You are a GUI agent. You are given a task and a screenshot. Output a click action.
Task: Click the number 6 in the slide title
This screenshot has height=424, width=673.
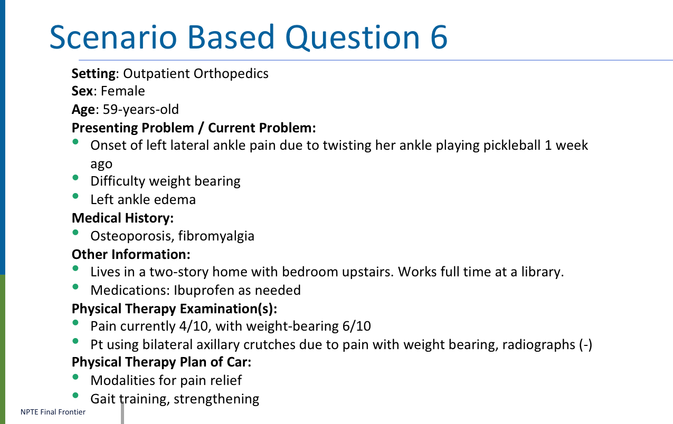pyautogui.click(x=439, y=37)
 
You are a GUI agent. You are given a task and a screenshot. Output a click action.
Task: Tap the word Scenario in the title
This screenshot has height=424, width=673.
pyautogui.click(x=113, y=37)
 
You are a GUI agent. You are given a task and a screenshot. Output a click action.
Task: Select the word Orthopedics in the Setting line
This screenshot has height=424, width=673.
pyautogui.click(x=231, y=73)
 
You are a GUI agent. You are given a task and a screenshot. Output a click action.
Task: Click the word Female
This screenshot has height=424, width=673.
pyautogui.click(x=122, y=91)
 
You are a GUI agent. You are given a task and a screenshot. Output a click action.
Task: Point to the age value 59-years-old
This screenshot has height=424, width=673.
pyautogui.click(x=140, y=110)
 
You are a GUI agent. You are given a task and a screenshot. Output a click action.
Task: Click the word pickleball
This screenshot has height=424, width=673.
pyautogui.click(x=511, y=146)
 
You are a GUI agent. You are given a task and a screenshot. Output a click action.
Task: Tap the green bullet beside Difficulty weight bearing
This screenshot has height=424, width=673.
pyautogui.click(x=75, y=178)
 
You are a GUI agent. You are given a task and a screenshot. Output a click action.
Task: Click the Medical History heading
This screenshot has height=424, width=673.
pyautogui.click(x=122, y=218)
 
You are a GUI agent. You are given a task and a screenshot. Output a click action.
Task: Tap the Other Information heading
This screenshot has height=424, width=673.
pyautogui.click(x=131, y=255)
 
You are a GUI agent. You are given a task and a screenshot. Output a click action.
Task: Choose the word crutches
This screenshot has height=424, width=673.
pyautogui.click(x=269, y=344)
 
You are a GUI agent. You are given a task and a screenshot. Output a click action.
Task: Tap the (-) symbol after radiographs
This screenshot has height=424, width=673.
pyautogui.click(x=585, y=345)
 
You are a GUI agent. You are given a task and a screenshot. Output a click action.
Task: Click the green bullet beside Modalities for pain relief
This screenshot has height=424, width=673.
pyautogui.click(x=75, y=377)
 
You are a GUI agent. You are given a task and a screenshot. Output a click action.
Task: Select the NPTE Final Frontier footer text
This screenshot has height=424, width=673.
pyautogui.click(x=53, y=412)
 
